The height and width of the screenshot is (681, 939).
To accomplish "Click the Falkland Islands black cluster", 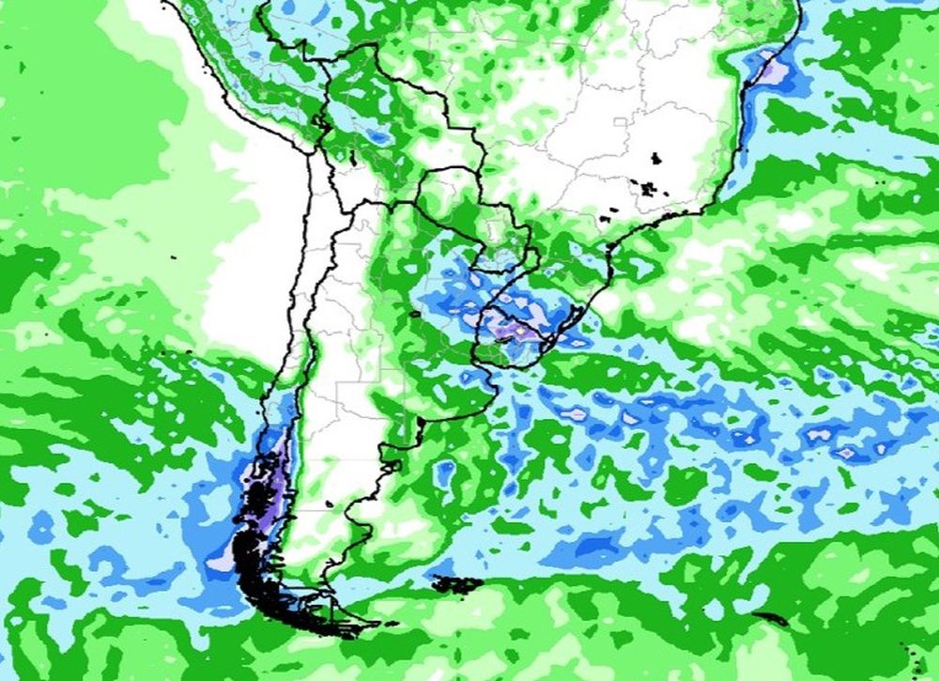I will pos(457,584).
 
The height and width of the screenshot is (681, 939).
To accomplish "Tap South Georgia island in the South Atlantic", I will pos(772,618).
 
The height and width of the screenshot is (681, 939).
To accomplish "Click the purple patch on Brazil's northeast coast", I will pos(770,70).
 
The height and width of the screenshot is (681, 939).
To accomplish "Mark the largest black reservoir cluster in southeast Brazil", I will pos(649,188).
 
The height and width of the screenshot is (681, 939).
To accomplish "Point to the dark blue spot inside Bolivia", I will pos(377,136).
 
